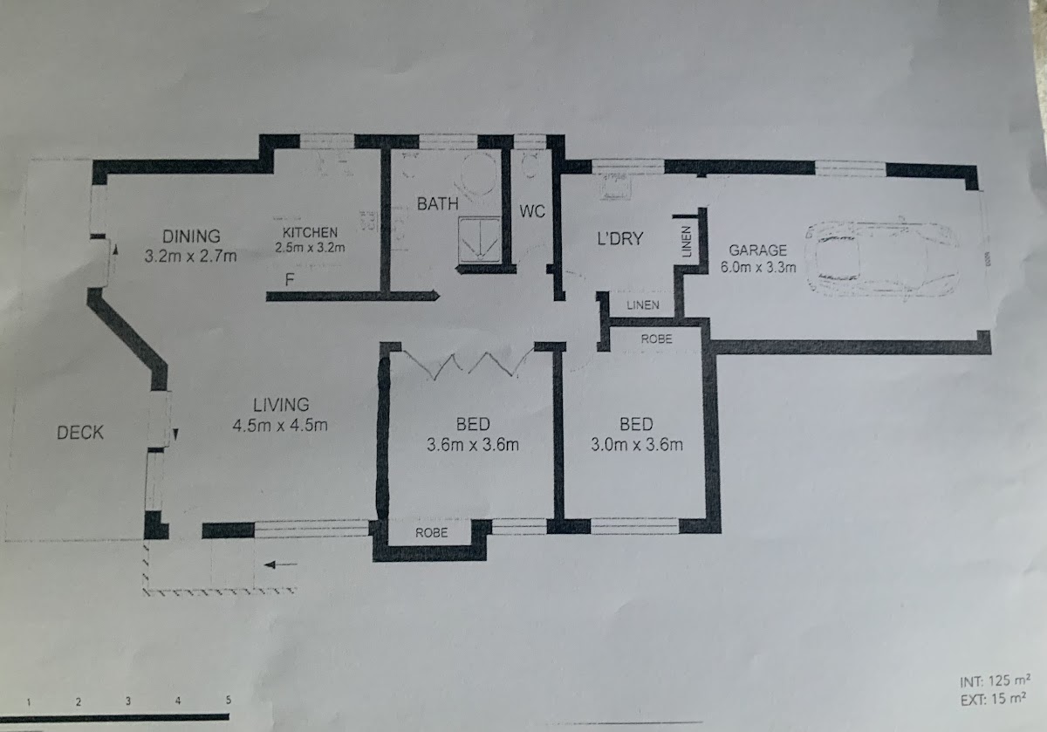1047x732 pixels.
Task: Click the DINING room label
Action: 191,236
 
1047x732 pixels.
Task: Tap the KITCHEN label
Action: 310,233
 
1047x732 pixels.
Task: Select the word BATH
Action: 437,204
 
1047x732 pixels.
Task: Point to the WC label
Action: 532,211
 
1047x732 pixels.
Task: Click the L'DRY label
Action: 620,239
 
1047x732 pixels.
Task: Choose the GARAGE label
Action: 757,250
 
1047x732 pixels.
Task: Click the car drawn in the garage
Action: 882,258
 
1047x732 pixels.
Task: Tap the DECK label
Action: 80,433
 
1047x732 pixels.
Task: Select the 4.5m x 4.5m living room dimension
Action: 280,426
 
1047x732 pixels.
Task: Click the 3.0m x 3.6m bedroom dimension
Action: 637,444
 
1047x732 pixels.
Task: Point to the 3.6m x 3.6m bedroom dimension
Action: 473,445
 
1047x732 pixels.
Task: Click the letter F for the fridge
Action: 290,279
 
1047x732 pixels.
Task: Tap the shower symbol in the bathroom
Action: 480,240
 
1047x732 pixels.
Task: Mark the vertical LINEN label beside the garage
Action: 686,242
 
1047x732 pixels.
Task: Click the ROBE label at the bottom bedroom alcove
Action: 431,532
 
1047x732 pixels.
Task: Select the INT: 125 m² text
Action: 995,681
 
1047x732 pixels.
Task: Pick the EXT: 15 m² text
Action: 993,699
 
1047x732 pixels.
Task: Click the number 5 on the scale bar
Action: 228,700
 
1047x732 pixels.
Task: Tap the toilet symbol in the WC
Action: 530,165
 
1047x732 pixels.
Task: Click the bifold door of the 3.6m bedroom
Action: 468,364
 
